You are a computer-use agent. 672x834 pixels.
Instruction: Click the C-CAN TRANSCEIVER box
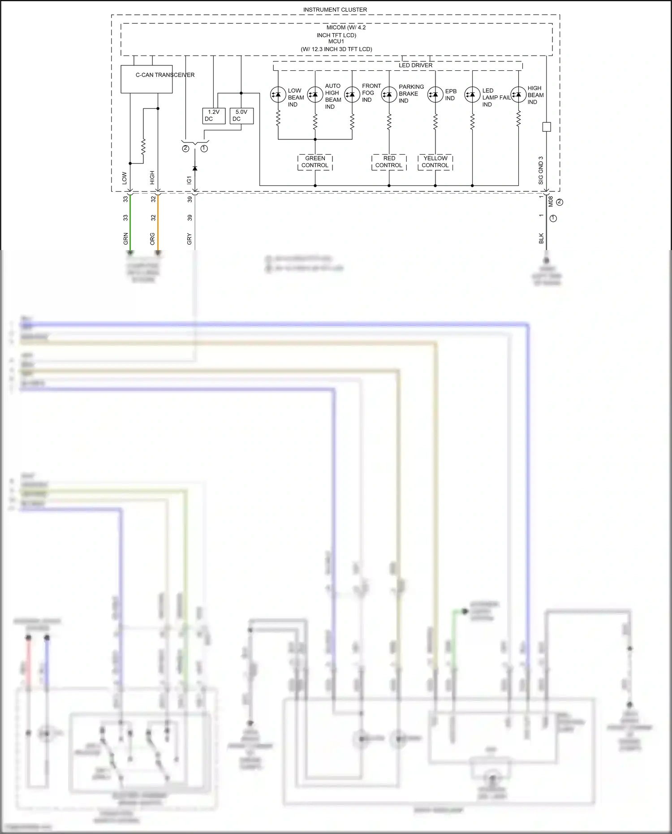(x=146, y=79)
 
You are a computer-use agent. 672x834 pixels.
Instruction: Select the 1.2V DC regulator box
(x=214, y=116)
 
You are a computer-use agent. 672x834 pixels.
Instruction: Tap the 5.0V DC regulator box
(x=241, y=116)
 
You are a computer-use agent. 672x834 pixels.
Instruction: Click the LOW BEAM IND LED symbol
(x=278, y=95)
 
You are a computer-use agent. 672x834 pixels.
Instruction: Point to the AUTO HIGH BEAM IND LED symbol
(x=315, y=95)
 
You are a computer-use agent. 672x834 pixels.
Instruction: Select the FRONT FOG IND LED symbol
(x=352, y=95)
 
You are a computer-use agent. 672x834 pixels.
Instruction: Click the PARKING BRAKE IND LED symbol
(x=389, y=95)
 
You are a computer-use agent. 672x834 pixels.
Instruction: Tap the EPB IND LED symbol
(x=435, y=95)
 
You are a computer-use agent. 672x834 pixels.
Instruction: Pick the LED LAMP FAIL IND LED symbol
(x=472, y=95)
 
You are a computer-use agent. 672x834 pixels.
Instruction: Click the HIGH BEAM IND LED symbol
(x=518, y=95)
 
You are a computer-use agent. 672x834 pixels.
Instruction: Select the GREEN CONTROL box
(x=315, y=162)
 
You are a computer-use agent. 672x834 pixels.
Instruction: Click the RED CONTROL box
(x=389, y=162)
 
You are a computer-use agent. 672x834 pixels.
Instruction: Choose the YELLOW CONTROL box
(x=435, y=162)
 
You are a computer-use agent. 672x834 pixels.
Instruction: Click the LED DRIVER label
(x=415, y=65)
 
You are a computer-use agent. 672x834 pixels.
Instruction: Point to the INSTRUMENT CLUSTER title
(x=335, y=9)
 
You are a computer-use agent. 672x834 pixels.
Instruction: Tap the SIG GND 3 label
(x=541, y=170)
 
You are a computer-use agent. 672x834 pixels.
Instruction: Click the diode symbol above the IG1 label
(x=194, y=168)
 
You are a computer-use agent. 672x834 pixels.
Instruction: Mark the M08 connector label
(x=551, y=201)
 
